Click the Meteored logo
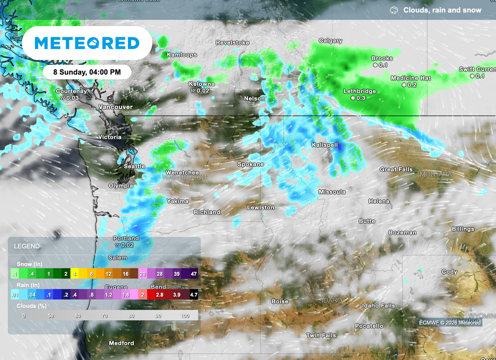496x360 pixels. [87, 43]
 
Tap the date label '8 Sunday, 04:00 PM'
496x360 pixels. [87, 72]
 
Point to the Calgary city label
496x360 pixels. [330, 41]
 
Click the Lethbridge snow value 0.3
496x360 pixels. [358, 98]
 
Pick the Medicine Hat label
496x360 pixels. [411, 78]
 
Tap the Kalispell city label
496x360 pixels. [325, 145]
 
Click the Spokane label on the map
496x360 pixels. [250, 164]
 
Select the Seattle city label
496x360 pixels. [134, 166]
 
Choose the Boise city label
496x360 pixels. [280, 301]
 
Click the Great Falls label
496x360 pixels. [396, 170]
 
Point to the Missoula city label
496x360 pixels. [332, 192]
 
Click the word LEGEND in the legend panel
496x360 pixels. [27, 246]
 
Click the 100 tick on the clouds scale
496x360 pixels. [185, 315]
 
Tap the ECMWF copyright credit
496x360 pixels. [450, 322]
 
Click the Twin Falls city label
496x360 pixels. [321, 335]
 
